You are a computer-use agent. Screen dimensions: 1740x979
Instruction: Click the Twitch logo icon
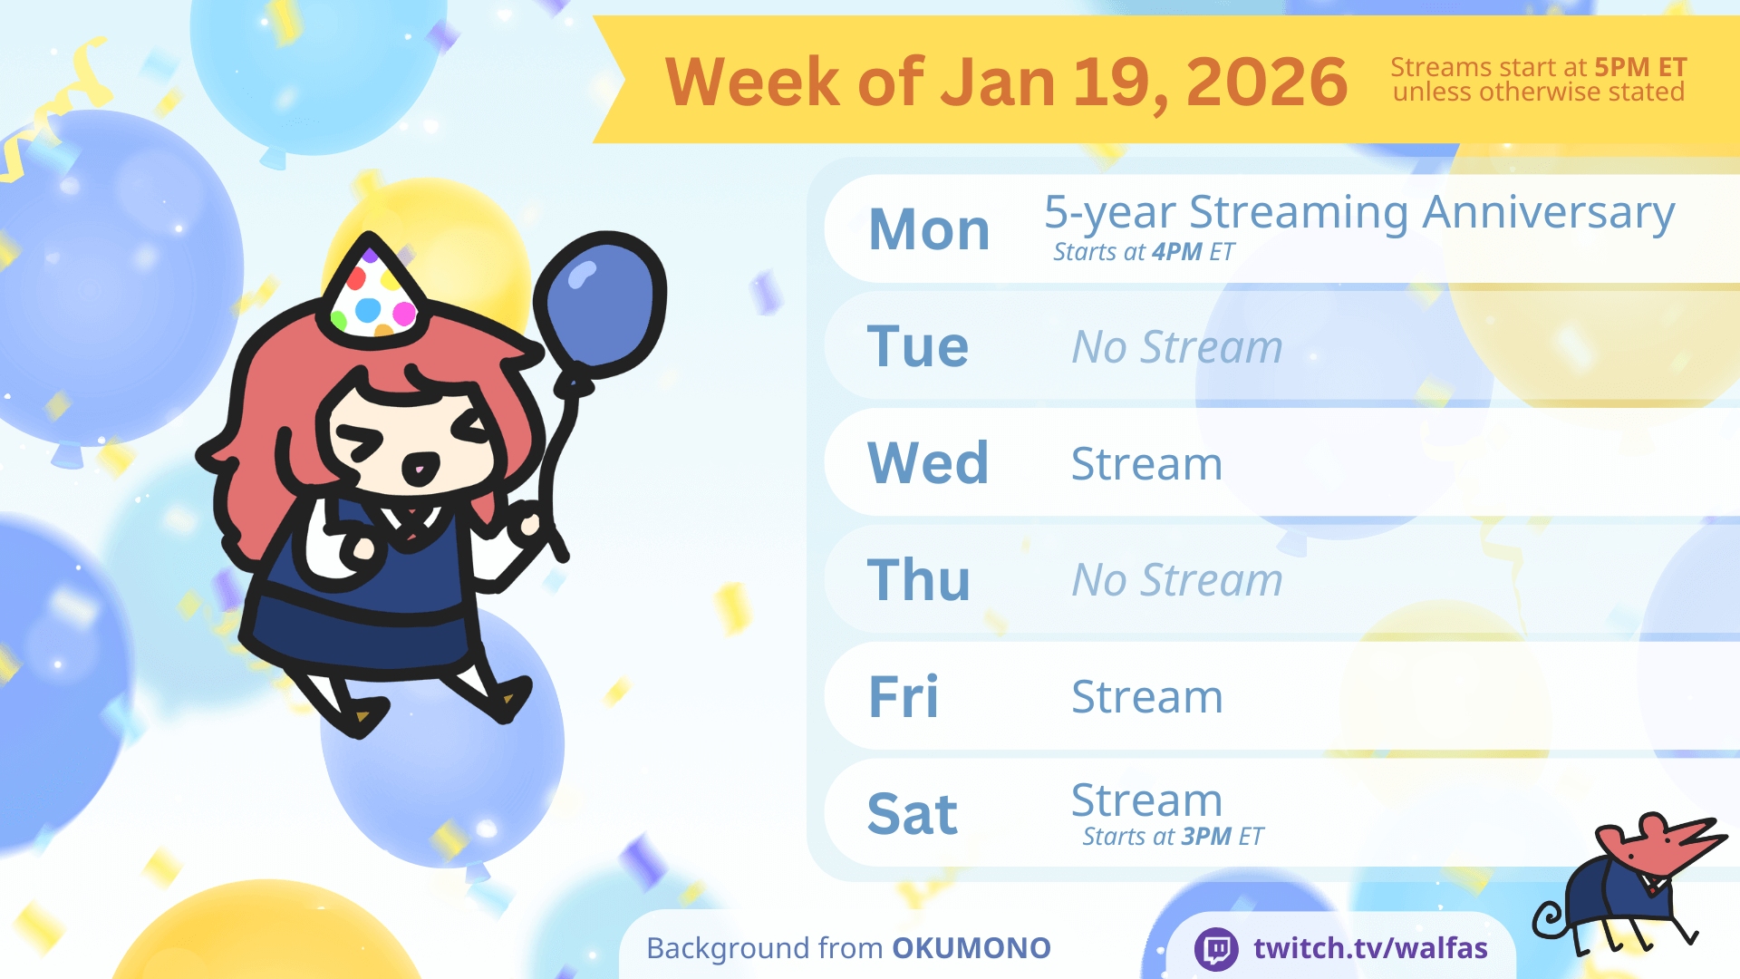point(1216,949)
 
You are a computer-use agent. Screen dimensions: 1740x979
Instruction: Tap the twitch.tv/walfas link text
point(1370,948)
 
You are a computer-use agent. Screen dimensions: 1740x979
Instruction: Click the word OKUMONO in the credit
point(971,948)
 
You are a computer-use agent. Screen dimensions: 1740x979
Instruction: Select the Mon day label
point(929,229)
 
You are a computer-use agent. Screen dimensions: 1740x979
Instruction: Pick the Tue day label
point(918,346)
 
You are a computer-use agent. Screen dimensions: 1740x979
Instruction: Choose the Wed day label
point(928,463)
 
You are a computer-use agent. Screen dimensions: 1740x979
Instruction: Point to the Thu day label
point(919,579)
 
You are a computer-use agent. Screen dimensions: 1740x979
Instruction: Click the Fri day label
point(904,696)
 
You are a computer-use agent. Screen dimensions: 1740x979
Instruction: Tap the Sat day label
point(913,813)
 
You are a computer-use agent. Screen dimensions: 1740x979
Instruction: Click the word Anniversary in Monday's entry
point(1549,214)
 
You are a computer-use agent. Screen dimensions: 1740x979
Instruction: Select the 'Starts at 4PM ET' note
point(1144,252)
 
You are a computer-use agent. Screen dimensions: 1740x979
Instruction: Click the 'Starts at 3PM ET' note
point(1173,837)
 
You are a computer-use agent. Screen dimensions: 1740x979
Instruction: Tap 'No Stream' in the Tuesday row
point(1177,347)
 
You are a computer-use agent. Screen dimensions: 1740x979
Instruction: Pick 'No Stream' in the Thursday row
point(1177,580)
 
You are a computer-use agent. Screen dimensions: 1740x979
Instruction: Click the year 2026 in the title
point(1267,82)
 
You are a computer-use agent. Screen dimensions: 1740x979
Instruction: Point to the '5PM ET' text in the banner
point(1640,67)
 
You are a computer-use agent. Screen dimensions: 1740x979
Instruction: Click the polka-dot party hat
point(373,288)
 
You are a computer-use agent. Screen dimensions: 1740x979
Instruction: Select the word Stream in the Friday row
point(1147,697)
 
